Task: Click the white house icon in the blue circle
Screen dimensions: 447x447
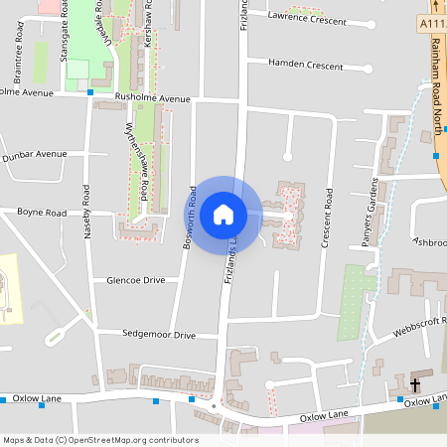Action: tap(223, 214)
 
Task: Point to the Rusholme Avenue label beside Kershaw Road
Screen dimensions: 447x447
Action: tap(152, 99)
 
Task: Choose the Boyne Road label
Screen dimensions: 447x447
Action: tap(42, 213)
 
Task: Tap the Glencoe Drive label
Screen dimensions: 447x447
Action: tap(135, 281)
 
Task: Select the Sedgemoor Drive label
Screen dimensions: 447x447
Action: tap(159, 336)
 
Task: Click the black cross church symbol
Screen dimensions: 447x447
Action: tap(414, 383)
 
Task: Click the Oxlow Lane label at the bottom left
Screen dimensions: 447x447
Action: tap(38, 398)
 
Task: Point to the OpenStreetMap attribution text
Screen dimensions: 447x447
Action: tap(99, 440)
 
